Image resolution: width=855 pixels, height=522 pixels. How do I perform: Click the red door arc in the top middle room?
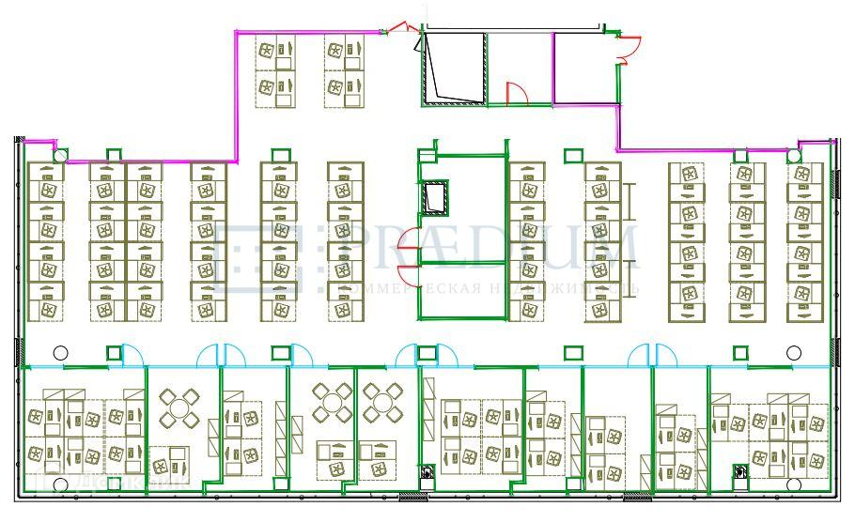(x=516, y=93)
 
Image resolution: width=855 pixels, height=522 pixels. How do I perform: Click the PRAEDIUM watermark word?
(x=479, y=247)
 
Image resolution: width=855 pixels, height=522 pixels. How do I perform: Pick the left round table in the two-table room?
(x=332, y=404)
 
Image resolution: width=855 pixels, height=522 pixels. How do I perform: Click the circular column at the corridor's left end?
(x=60, y=353)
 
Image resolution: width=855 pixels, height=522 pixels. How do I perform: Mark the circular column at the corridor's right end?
(x=795, y=353)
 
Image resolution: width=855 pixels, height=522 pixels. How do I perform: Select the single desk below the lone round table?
(x=169, y=463)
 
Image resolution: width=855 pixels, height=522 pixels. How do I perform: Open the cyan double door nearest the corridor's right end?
(x=652, y=355)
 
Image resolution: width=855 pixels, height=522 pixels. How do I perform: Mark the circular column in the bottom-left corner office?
(x=60, y=484)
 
